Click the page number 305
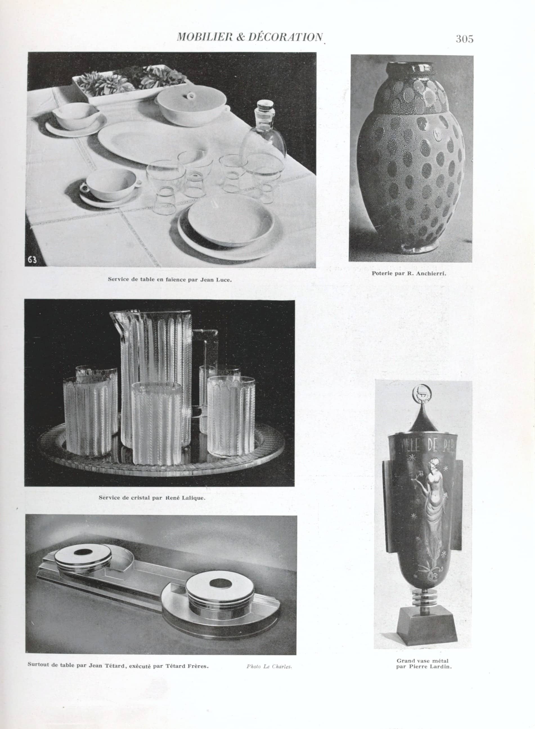click(464, 39)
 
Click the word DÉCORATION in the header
click(285, 37)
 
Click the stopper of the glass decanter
click(265, 107)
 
